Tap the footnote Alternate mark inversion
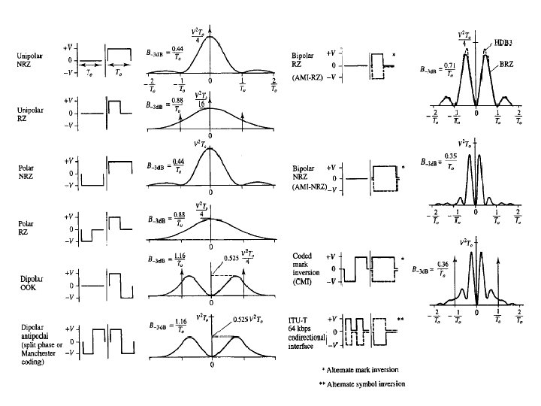[361, 370]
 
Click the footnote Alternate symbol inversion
[361, 383]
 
